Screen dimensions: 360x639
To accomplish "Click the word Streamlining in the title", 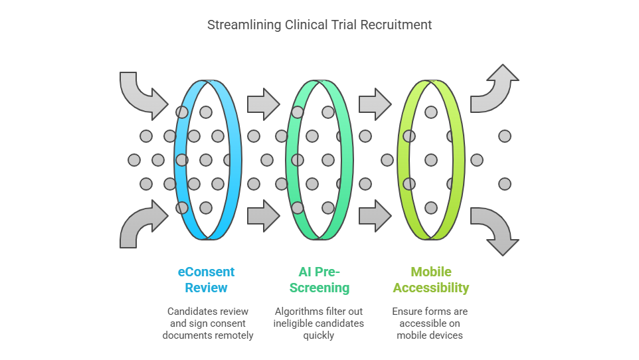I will (245, 25).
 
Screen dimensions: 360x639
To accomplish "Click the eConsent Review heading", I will (206, 280).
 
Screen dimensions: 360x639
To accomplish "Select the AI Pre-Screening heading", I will (323, 280).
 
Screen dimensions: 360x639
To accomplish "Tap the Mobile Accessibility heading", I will (430, 280).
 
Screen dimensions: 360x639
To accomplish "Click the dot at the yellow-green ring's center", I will (431, 160).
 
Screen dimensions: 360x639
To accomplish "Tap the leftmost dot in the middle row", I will (134, 160).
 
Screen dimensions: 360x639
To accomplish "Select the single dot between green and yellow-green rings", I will (387, 160).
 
